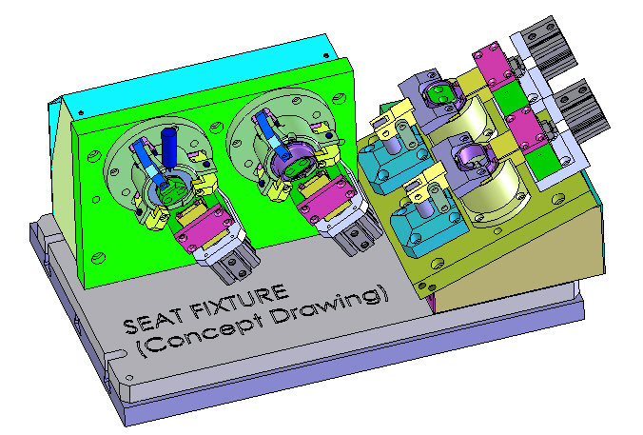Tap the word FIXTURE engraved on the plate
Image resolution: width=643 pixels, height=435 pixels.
coord(238,303)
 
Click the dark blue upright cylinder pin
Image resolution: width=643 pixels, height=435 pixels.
coord(169,147)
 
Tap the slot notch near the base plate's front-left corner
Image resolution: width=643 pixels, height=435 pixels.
coord(117,354)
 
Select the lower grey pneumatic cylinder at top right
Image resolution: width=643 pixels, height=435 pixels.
coord(578,107)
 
